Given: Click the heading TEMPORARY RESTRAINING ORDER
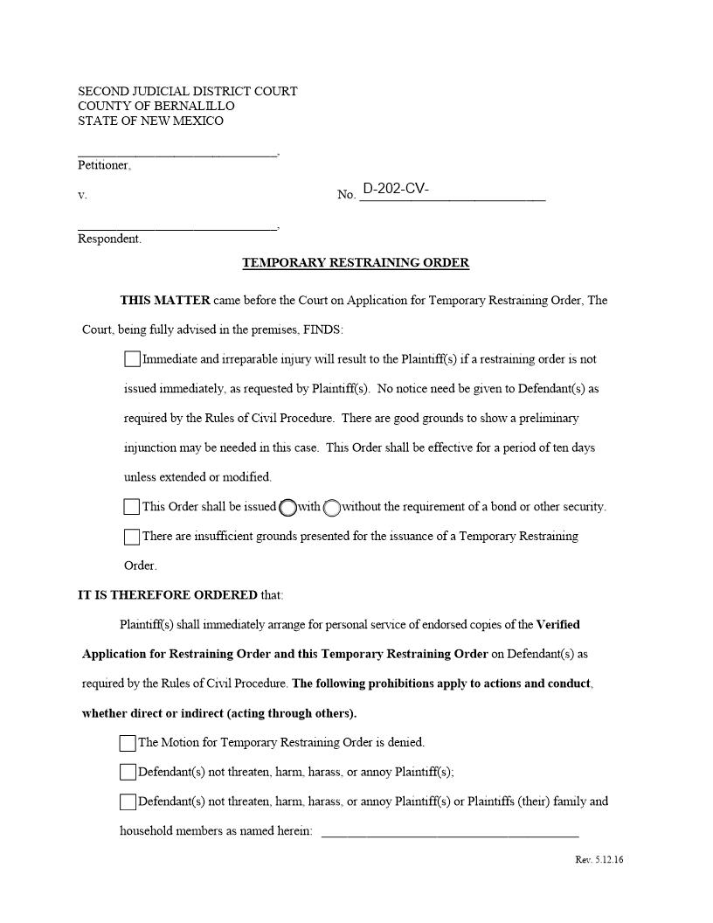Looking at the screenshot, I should coord(356,262).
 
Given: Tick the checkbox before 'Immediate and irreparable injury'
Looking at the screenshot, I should coord(132,359).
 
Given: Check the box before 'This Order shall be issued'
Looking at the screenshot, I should coord(132,507).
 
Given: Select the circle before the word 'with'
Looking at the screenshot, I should coord(288,508).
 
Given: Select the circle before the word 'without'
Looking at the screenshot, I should coord(332,508).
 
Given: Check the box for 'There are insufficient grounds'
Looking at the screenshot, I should coord(132,537).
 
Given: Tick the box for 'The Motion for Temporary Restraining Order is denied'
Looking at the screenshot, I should coord(128,743).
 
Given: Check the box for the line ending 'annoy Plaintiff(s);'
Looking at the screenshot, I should coord(128,773).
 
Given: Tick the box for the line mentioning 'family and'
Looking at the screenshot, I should coord(128,802).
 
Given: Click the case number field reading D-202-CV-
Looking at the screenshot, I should coord(453,191).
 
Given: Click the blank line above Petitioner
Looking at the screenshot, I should coord(177,150).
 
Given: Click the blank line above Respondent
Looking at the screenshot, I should coord(177,225).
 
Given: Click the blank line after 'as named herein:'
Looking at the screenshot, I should coord(450,831).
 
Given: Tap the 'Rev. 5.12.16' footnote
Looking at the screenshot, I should coord(599,860).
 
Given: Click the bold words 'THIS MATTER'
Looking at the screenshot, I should coord(165,301).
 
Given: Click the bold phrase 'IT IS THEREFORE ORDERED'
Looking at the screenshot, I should coord(168,595).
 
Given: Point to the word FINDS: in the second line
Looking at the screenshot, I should coord(323,330).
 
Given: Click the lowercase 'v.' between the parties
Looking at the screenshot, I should coord(82,195).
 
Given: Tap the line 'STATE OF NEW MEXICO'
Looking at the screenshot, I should coord(150,121).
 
